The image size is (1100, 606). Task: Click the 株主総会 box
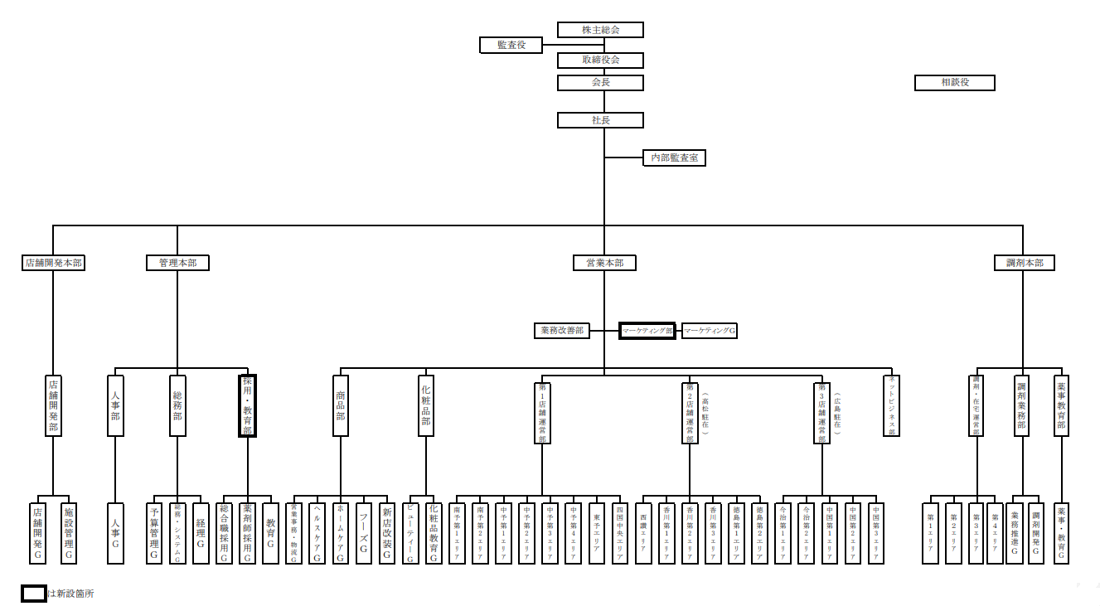[x=600, y=30]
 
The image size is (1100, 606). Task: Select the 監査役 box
[x=511, y=45]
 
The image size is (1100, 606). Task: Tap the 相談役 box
[x=954, y=83]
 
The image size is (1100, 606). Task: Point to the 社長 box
[x=600, y=120]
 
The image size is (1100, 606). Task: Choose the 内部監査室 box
[x=674, y=158]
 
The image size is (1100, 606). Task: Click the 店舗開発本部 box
[x=53, y=263]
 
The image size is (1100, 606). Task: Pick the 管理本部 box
[x=177, y=263]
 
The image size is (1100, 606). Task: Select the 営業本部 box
[x=604, y=263]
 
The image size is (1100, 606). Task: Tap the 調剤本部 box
[x=1024, y=263]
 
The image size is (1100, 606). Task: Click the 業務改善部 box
[x=561, y=331]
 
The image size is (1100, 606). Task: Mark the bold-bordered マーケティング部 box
[x=648, y=331]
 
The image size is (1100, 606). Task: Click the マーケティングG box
[x=709, y=331]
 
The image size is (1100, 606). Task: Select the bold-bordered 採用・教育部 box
[x=247, y=405]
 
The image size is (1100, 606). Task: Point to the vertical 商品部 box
[x=340, y=405]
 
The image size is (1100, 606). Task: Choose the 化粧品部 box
[x=426, y=405]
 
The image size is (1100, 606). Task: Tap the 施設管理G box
[x=69, y=533]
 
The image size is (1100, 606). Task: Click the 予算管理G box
[x=154, y=533]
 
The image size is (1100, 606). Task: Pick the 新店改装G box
[x=386, y=533]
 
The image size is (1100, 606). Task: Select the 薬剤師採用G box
[x=247, y=533]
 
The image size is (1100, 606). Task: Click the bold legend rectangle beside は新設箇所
[x=33, y=594]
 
